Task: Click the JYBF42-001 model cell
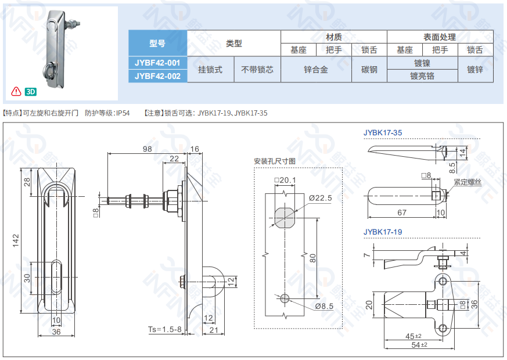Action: (157, 63)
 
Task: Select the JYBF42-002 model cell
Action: (157, 76)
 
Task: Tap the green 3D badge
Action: (31, 92)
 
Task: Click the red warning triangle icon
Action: (16, 92)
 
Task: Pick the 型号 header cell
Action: (157, 43)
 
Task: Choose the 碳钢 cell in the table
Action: (369, 70)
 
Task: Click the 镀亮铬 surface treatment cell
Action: (422, 76)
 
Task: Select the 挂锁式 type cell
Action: (210, 70)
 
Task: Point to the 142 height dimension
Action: (16, 241)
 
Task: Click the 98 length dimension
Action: (147, 149)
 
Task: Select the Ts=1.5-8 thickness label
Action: (165, 329)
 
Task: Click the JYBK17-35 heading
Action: (383, 133)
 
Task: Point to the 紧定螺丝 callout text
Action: (468, 182)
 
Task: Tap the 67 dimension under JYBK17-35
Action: (402, 213)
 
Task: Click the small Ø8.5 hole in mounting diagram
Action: (285, 298)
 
